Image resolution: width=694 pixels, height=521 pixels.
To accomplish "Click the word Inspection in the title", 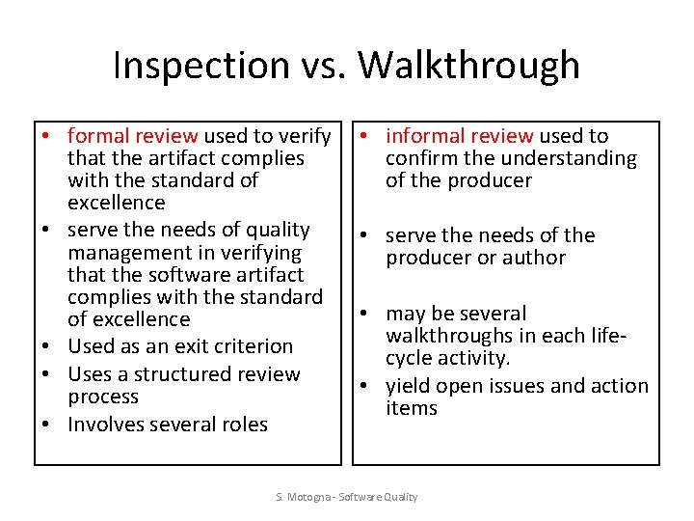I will [x=200, y=66].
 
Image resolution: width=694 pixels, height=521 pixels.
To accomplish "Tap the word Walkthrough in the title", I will [x=469, y=66].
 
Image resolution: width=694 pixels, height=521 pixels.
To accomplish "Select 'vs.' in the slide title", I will [x=323, y=66].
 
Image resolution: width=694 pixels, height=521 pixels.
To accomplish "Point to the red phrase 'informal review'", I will [x=460, y=136].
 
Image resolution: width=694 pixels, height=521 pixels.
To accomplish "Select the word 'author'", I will [x=537, y=258].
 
